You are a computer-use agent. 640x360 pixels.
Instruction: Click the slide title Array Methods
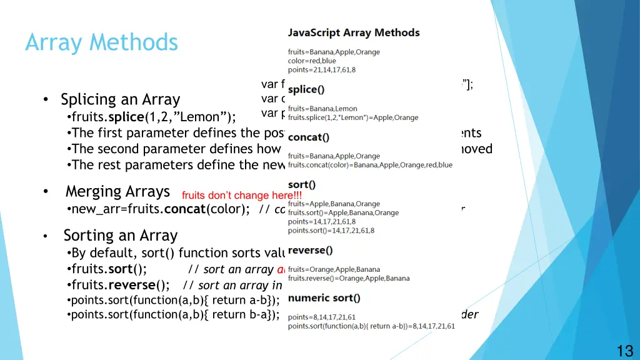pos(101,42)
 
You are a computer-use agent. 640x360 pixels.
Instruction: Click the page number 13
pos(625,351)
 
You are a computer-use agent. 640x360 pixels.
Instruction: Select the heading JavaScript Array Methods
pos(353,32)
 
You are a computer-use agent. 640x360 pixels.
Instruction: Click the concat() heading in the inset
pos(309,137)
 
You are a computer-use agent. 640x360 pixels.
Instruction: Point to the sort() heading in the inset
pos(302,184)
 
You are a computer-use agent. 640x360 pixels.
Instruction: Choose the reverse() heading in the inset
pos(310,250)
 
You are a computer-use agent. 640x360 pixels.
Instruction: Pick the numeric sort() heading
pos(324,297)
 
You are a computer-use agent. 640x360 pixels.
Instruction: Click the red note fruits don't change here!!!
pos(242,196)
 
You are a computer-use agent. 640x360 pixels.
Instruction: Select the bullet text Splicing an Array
pos(120,99)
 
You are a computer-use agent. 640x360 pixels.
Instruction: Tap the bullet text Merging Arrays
pos(117,191)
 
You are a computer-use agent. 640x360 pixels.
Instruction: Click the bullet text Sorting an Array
pos(121,236)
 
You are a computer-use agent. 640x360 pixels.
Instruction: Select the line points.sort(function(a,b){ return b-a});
pos(175,314)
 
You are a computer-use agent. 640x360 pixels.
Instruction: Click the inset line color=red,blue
pos(312,61)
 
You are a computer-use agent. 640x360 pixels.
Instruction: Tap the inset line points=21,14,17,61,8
pos(322,69)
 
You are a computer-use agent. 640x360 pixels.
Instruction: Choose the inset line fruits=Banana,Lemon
pos(322,109)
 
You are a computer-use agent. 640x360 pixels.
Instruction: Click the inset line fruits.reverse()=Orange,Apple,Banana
pos(349,278)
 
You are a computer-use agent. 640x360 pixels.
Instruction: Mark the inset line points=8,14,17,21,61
pos(322,317)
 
